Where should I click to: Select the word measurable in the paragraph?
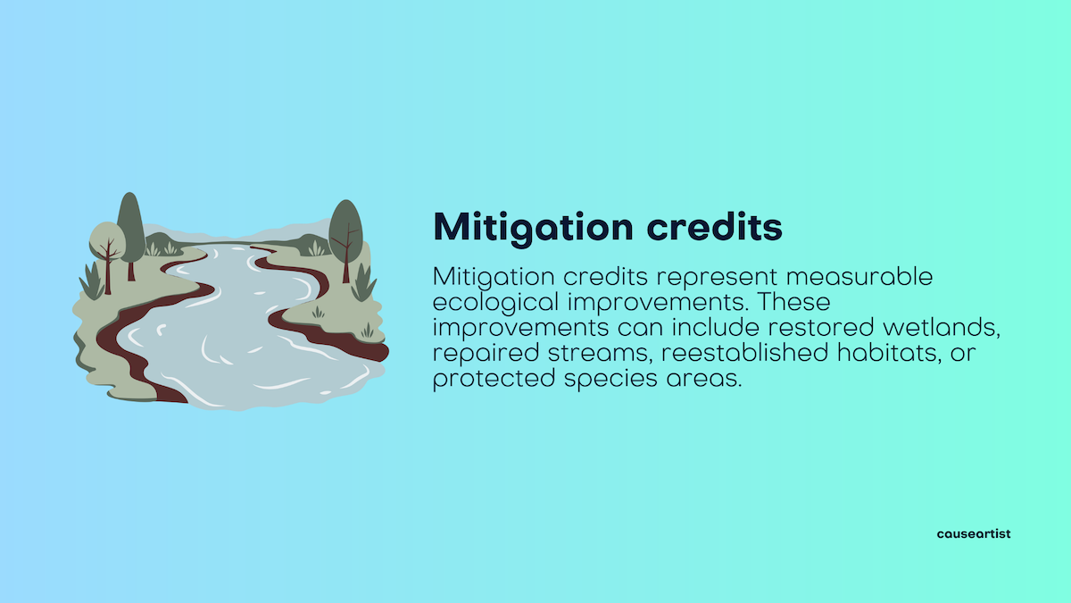(859, 277)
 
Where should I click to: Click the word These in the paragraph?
(794, 302)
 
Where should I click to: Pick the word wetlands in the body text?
(942, 328)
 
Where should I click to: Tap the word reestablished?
(745, 353)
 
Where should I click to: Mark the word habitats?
(889, 353)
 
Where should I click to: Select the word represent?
(717, 278)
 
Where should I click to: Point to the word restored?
(821, 328)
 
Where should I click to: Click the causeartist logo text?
(974, 533)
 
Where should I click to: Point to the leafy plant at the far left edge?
(92, 281)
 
